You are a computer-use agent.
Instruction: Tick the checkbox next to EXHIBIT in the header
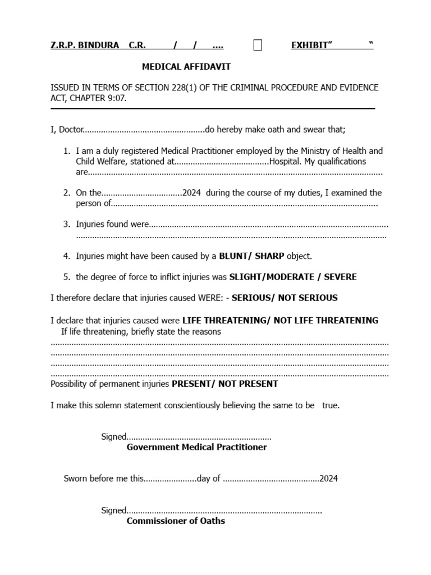(x=258, y=45)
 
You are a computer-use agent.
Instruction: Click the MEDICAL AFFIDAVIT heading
(x=186, y=67)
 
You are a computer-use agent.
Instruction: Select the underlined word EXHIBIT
(x=309, y=45)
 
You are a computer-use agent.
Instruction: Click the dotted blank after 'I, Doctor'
(x=144, y=130)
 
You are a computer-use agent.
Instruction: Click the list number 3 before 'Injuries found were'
(x=66, y=225)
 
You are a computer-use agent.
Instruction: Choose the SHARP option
(x=269, y=256)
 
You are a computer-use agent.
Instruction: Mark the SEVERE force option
(x=340, y=277)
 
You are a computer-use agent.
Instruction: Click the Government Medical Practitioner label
(x=196, y=448)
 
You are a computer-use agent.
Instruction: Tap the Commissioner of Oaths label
(x=176, y=521)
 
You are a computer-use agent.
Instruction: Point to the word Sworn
(x=76, y=479)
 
